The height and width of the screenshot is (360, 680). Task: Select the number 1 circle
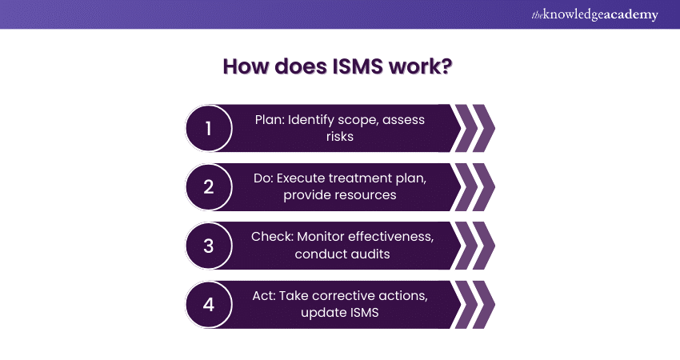click(209, 128)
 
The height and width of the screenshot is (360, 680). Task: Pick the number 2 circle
click(209, 186)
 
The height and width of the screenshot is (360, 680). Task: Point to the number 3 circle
click(209, 246)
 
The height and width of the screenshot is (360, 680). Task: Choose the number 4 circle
click(209, 305)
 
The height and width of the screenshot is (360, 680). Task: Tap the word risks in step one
click(340, 136)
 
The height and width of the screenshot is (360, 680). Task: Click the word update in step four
click(322, 313)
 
